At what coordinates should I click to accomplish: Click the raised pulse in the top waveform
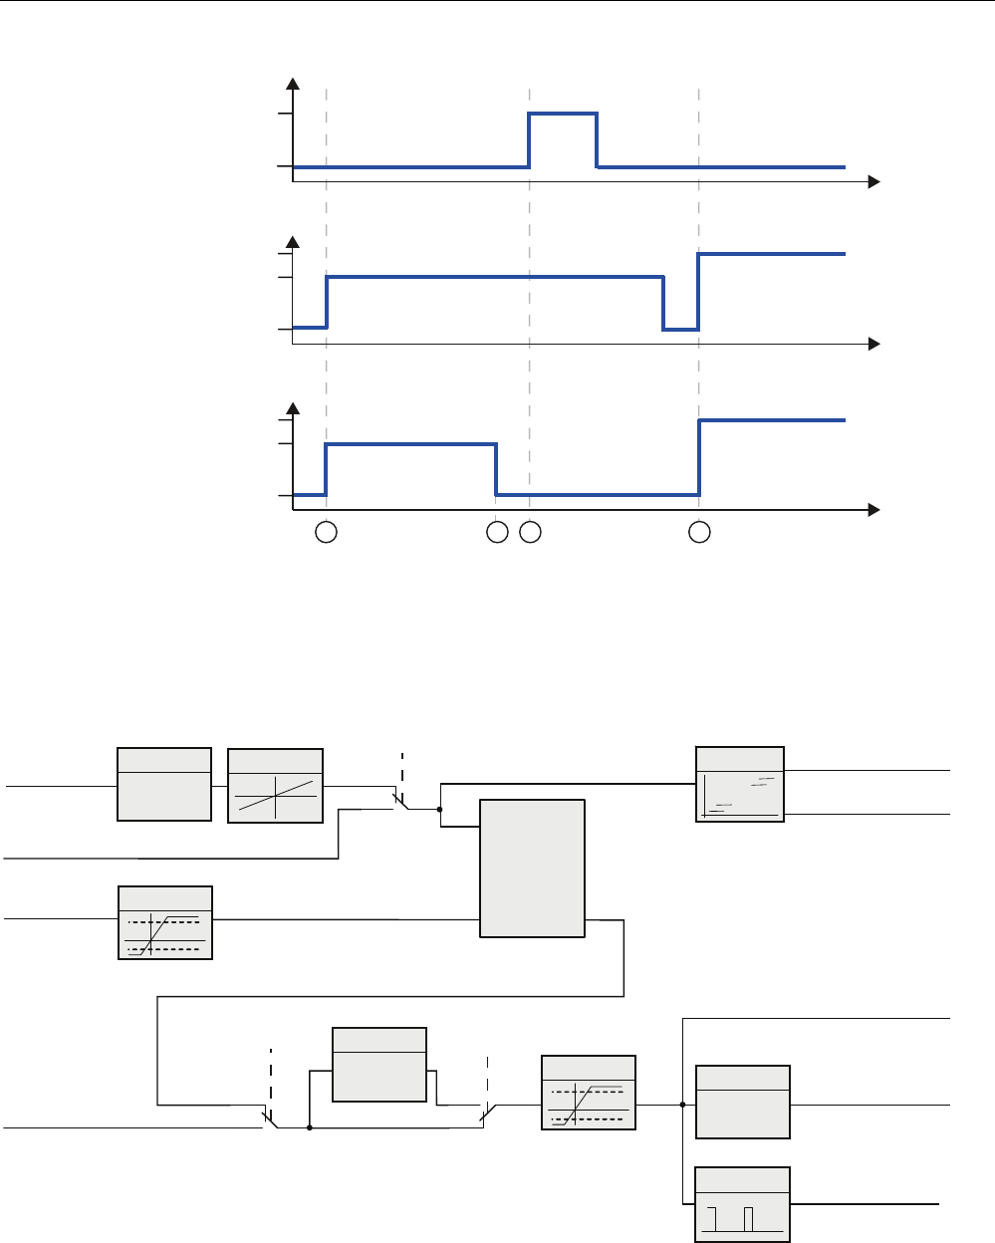(563, 115)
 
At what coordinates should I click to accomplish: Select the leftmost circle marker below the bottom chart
(326, 533)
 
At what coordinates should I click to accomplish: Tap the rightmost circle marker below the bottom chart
(700, 533)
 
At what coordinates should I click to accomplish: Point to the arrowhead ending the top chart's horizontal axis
(873, 182)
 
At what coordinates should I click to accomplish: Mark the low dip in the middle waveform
(680, 328)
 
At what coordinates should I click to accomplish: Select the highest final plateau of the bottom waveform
(772, 421)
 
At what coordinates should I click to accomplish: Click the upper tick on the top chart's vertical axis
(285, 115)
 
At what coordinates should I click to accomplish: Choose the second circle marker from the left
(496, 533)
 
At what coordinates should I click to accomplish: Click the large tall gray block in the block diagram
(532, 868)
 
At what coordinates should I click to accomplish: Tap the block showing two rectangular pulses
(742, 1204)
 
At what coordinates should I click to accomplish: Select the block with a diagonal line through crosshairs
(275, 785)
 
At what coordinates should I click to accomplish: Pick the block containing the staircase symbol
(739, 784)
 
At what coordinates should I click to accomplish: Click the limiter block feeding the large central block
(165, 922)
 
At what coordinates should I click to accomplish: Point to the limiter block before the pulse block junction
(588, 1092)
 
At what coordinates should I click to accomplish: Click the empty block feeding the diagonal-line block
(164, 784)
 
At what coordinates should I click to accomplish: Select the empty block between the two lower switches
(378, 1065)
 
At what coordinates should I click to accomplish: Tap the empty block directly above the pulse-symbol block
(742, 1102)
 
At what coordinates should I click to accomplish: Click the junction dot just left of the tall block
(439, 810)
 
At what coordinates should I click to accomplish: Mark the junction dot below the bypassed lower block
(310, 1128)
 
